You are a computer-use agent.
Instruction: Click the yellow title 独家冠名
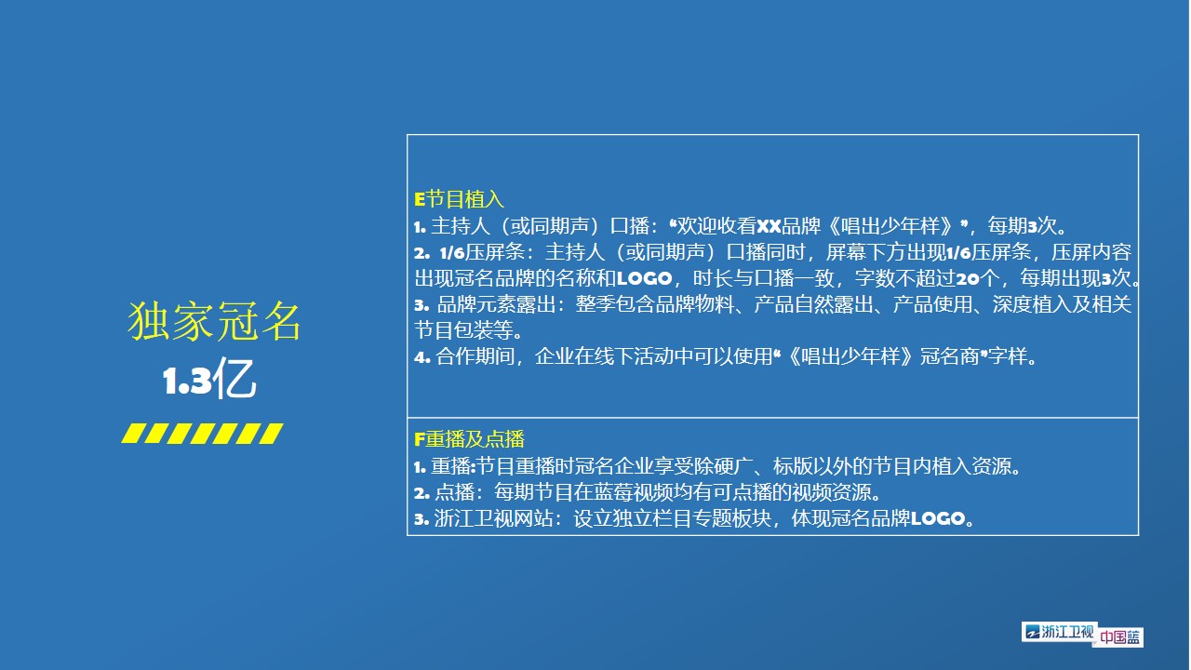coord(214,321)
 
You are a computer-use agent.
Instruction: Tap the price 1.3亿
coord(209,378)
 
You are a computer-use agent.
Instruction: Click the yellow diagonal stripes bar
coord(202,434)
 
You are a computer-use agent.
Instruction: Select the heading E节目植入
coord(459,199)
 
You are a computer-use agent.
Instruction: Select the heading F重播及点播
coord(469,439)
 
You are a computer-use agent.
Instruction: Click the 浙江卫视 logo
coord(1059,632)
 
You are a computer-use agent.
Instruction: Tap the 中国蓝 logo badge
coord(1119,637)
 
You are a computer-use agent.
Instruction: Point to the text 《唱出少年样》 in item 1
coord(891,226)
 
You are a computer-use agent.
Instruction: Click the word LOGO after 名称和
coord(645,278)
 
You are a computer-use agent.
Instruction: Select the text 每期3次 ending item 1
coord(1023,226)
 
